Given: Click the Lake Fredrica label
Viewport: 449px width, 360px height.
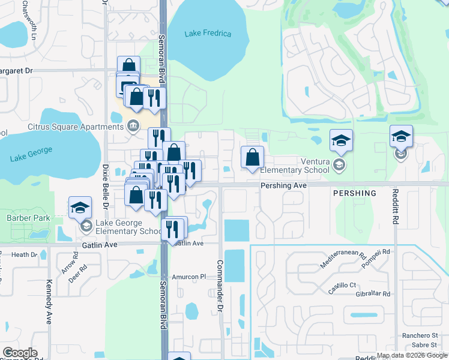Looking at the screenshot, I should click(208, 34).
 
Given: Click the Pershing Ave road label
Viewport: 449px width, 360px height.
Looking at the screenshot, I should click(283, 186).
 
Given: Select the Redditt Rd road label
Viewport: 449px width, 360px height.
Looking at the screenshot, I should click(395, 207).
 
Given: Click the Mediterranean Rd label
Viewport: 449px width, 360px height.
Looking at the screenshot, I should click(343, 262).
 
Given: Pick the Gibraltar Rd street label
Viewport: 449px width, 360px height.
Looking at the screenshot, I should click(373, 294).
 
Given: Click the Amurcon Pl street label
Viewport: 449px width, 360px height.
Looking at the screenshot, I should click(189, 277).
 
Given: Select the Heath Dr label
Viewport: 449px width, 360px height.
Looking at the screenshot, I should click(24, 255).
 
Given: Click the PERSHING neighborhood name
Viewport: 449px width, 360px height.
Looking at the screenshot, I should click(354, 194).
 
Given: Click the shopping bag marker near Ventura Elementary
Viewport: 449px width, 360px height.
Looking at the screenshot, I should click(253, 158).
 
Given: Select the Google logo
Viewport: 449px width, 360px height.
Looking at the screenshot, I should click(20, 353).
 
